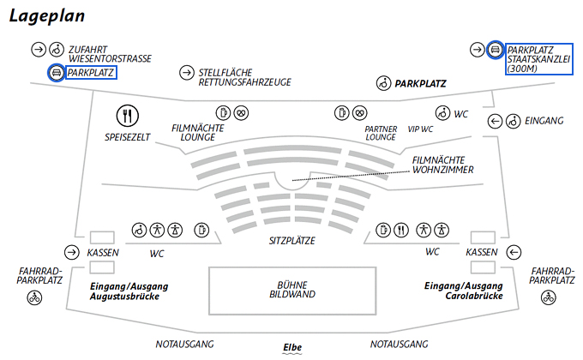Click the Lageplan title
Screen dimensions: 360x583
[x=52, y=15]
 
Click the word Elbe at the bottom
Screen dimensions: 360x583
[x=293, y=347]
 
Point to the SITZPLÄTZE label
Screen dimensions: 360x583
[x=291, y=242]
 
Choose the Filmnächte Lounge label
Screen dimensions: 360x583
[x=197, y=132]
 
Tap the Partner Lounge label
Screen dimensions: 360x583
[x=380, y=132]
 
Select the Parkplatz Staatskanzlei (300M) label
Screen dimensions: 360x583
[x=538, y=59]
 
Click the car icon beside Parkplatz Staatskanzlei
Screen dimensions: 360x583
[x=496, y=50]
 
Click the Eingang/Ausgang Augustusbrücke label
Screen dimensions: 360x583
[x=129, y=290]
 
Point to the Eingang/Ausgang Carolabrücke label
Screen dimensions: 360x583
[x=463, y=290]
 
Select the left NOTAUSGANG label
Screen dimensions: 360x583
[x=184, y=345]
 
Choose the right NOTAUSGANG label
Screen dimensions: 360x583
[x=399, y=345]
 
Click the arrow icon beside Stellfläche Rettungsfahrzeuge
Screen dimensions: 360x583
[x=186, y=72]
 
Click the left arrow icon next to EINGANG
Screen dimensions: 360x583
[x=495, y=121]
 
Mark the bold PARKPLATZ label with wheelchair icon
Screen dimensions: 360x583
[x=421, y=84]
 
